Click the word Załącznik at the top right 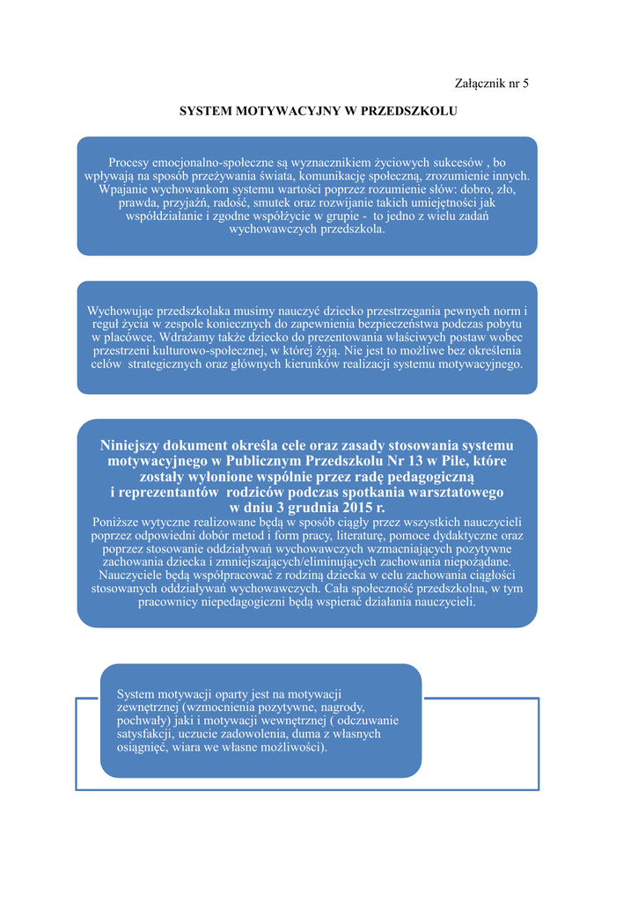tap(480, 84)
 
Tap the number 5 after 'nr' tap(525, 84)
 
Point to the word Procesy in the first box tap(128, 163)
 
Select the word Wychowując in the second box tap(121, 311)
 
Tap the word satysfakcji tap(147, 734)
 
